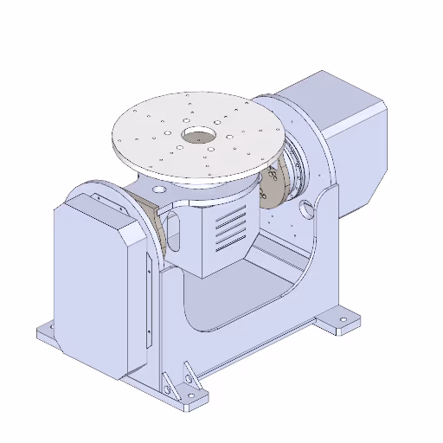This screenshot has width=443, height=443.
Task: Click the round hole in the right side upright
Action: (x=306, y=208)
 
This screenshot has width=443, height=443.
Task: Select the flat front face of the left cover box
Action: (x=90, y=286)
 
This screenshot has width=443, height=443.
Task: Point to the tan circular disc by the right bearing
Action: (x=274, y=186)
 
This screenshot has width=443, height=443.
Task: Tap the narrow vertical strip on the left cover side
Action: (x=149, y=311)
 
